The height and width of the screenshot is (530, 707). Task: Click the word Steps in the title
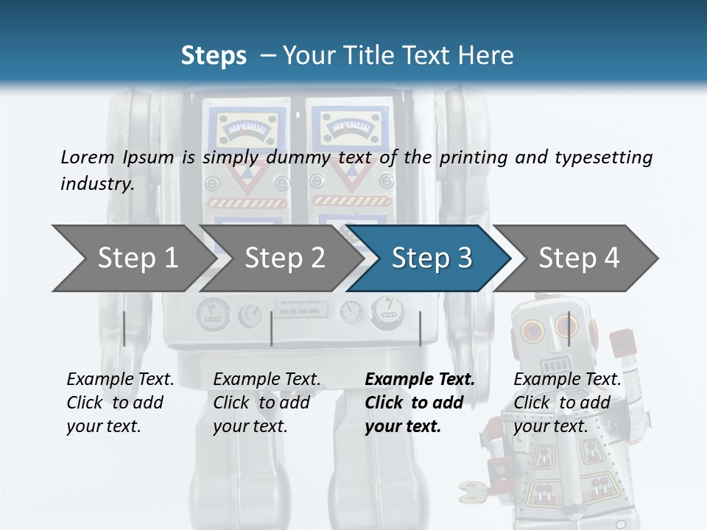pos(214,56)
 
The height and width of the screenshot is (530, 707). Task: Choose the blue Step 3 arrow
pos(432,258)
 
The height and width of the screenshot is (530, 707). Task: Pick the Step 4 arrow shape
pos(579,258)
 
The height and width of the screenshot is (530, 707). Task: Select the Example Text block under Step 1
pos(120,403)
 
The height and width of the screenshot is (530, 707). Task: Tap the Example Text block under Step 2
pos(267,403)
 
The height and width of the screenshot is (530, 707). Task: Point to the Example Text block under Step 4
pos(567,403)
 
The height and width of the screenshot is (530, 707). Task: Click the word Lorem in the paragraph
pos(88,158)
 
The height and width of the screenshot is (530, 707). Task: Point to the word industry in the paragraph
pos(96,184)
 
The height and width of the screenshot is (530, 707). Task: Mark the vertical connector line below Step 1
pos(124,328)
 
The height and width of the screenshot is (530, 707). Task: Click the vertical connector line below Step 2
pos(272,328)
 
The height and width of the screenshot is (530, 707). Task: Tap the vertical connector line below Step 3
pos(420,328)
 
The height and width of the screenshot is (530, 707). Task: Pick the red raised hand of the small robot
pos(623,343)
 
